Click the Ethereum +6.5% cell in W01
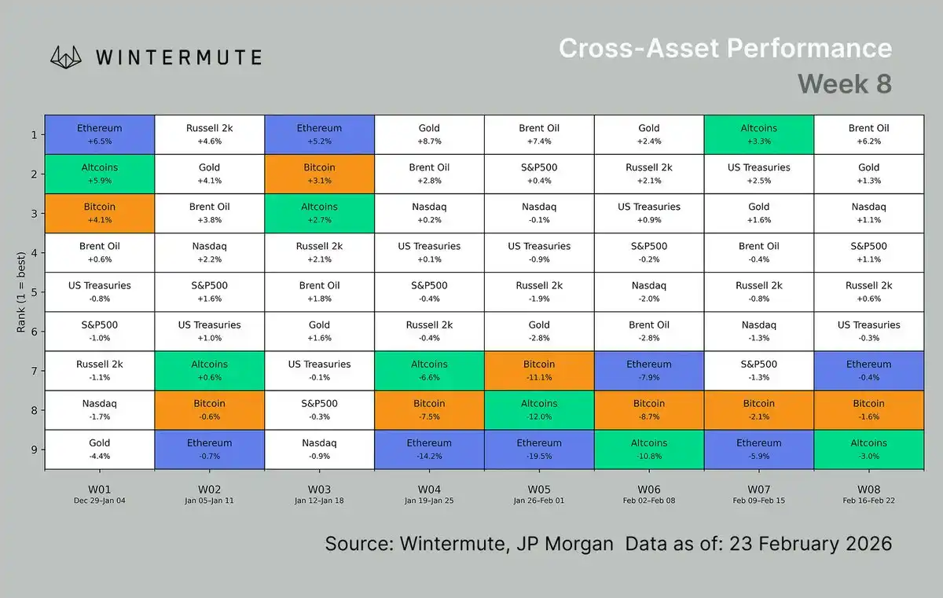pyautogui.click(x=100, y=134)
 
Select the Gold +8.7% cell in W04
pyautogui.click(x=429, y=134)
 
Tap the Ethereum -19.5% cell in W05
pyautogui.click(x=539, y=449)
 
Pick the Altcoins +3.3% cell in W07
pyautogui.click(x=759, y=134)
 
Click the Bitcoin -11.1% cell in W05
pyautogui.click(x=539, y=371)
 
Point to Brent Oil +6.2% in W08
pyautogui.click(x=868, y=134)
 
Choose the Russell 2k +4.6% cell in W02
pyautogui.click(x=209, y=134)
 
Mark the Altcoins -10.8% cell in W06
pyautogui.click(x=649, y=449)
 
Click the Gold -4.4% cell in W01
pyautogui.click(x=100, y=449)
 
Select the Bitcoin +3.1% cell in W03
pyautogui.click(x=319, y=174)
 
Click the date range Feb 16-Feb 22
pyautogui.click(x=868, y=501)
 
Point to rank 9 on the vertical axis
pyautogui.click(x=33, y=449)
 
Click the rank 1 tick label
pyautogui.click(x=33, y=134)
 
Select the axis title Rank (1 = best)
pyautogui.click(x=21, y=291)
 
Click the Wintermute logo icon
pyautogui.click(x=67, y=57)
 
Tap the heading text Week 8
pyautogui.click(x=844, y=83)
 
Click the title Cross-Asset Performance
pyautogui.click(x=725, y=48)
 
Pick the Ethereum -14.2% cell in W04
pyautogui.click(x=429, y=449)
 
